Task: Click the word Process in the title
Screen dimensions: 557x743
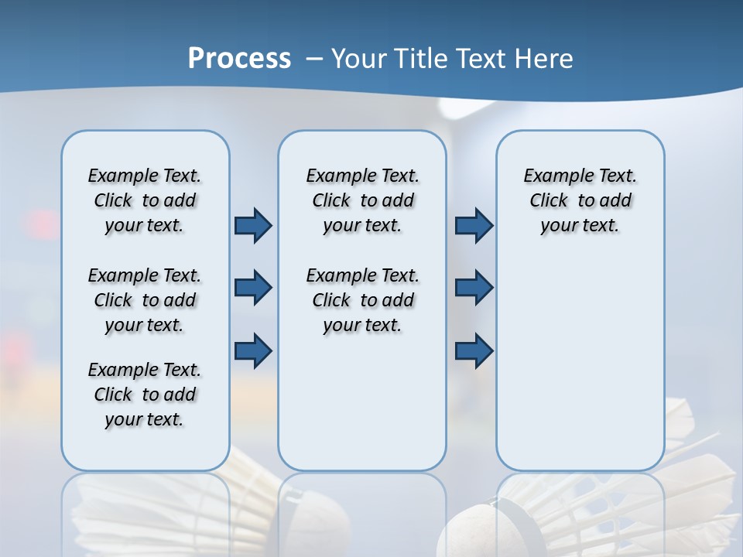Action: (x=239, y=59)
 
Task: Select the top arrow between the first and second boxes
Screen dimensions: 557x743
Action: (x=253, y=225)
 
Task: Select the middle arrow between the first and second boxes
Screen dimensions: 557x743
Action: (x=253, y=288)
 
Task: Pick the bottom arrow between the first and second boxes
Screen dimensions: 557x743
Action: (x=253, y=350)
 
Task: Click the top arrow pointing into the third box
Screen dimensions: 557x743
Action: (x=474, y=225)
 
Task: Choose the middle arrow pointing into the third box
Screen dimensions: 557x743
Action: (x=474, y=288)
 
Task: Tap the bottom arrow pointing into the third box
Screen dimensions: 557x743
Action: (x=474, y=350)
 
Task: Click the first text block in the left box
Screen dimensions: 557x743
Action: (x=145, y=200)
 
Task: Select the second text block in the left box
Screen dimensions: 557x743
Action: (x=145, y=300)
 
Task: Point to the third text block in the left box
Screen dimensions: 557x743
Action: (x=145, y=395)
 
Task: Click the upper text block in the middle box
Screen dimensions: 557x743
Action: (x=362, y=200)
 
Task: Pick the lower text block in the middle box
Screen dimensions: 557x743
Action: (x=362, y=300)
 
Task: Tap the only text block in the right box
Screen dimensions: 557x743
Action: (x=580, y=200)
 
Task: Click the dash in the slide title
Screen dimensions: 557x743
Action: (x=313, y=59)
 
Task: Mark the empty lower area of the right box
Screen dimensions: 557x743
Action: (x=580, y=364)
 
